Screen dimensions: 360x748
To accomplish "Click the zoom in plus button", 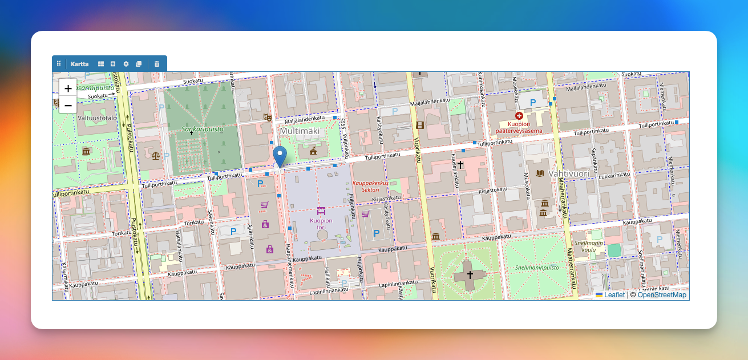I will coord(68,88).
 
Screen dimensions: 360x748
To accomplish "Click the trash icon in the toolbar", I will coord(157,64).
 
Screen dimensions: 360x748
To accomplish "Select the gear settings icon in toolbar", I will coord(126,64).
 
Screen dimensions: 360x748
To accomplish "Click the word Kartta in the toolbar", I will coord(79,64).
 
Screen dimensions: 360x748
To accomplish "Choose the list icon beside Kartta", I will coord(101,64).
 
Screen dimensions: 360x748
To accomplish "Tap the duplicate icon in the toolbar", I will coord(139,64).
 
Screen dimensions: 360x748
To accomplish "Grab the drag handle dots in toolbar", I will coord(59,64).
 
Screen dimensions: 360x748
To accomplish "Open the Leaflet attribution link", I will coord(614,295).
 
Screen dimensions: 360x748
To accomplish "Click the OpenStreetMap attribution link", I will coord(661,295).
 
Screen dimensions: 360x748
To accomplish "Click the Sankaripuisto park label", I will coord(203,129).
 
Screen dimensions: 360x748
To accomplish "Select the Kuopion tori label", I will coord(321,224).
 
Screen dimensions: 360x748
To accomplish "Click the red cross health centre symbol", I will coord(519,116).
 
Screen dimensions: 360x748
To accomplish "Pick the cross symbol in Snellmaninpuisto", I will coord(470,274).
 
